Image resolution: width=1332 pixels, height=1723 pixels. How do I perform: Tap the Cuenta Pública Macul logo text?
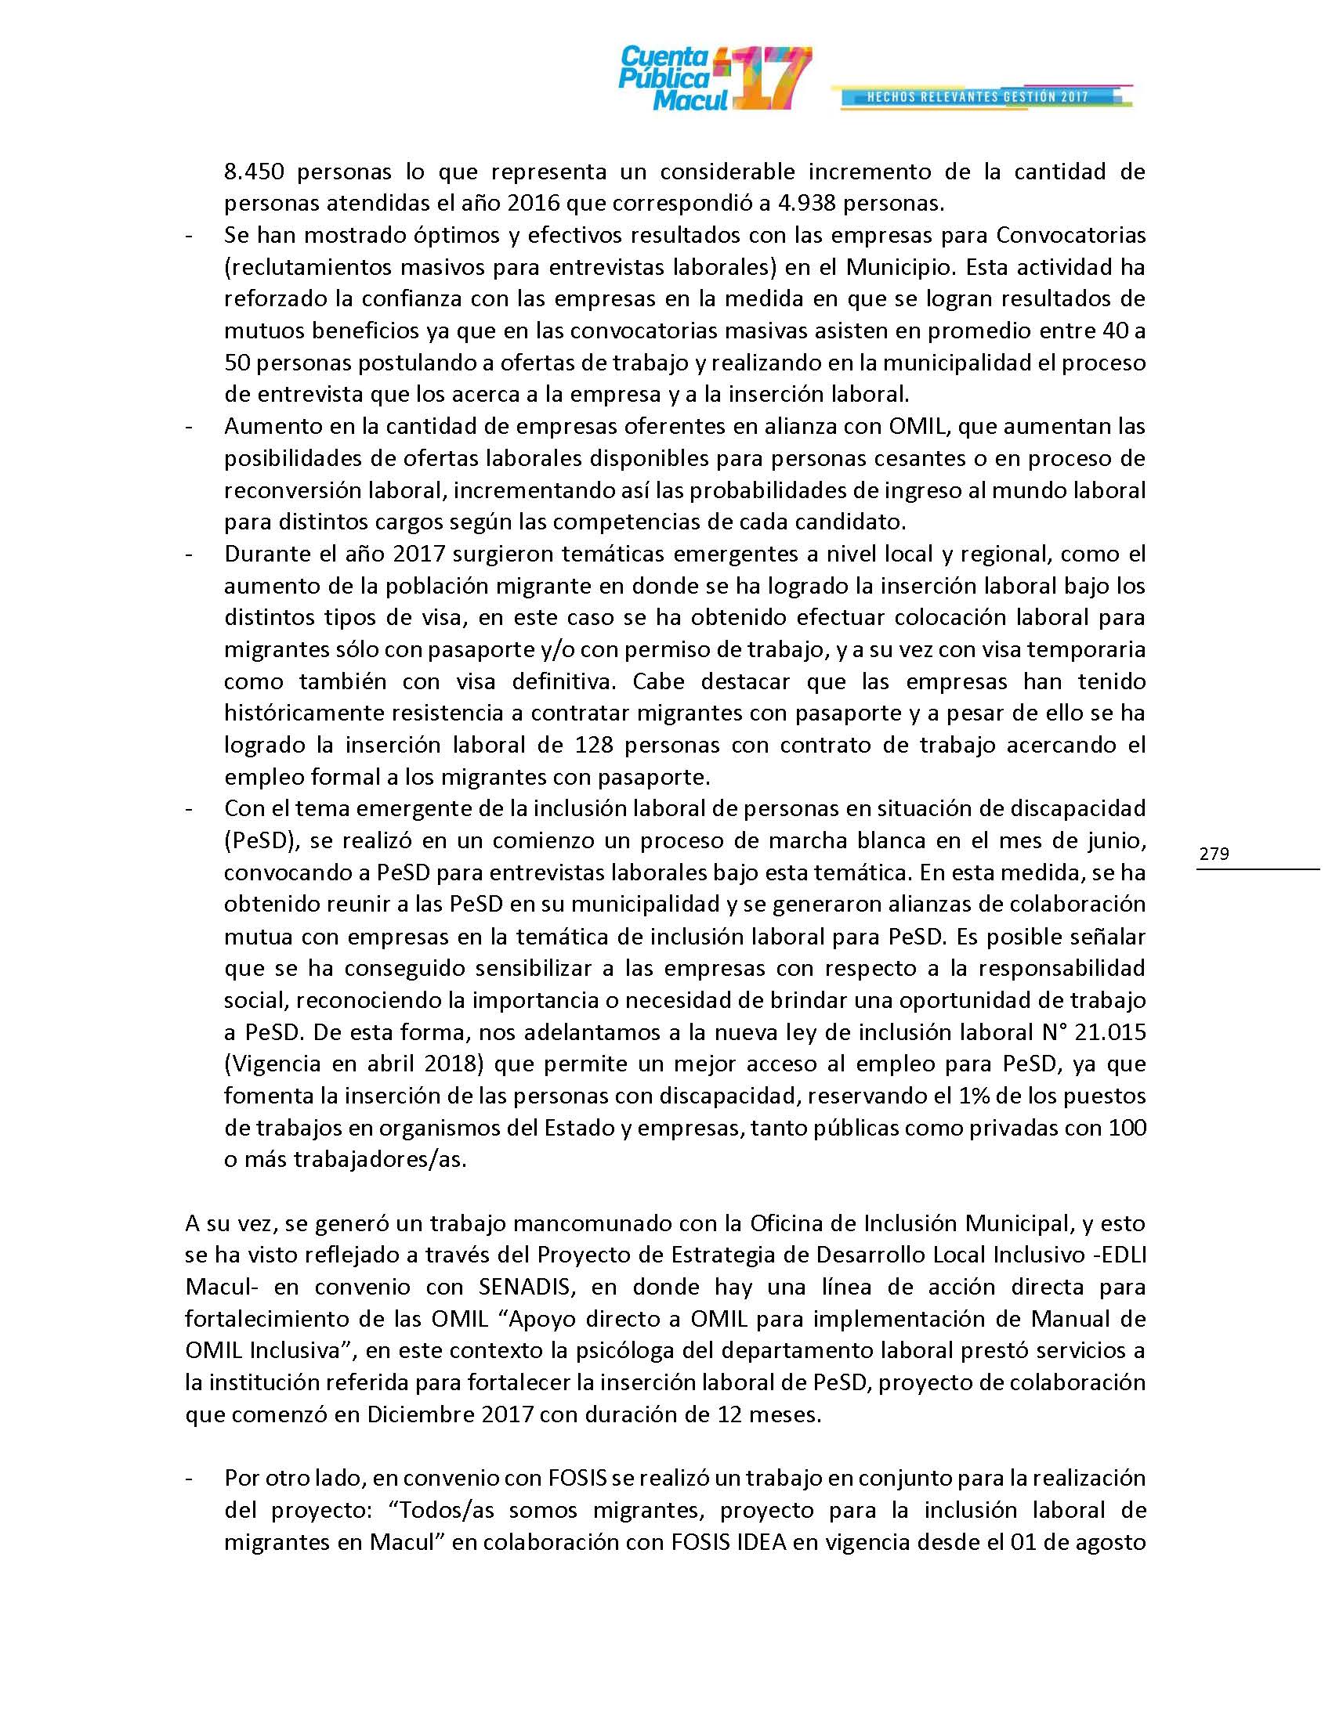click(x=664, y=79)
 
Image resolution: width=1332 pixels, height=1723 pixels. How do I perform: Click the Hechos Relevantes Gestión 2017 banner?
click(x=979, y=97)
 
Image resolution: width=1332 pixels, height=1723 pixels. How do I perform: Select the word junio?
click(x=1114, y=841)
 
